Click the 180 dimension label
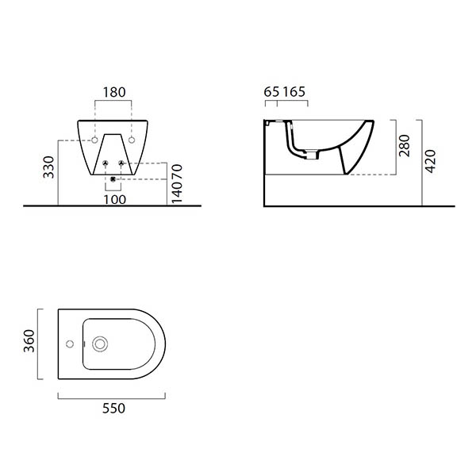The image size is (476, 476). pos(114,92)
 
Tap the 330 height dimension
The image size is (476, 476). pos(48,167)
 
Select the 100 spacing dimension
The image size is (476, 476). pos(115,199)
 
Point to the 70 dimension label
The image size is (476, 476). pos(177,172)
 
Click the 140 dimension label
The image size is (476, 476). pos(177,193)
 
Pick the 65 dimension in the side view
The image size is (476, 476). pos(271,92)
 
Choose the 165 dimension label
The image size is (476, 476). pos(294,92)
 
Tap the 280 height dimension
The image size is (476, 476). pos(405,146)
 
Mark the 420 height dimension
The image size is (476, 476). pos(430,161)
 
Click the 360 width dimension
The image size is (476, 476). pos(29,341)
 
